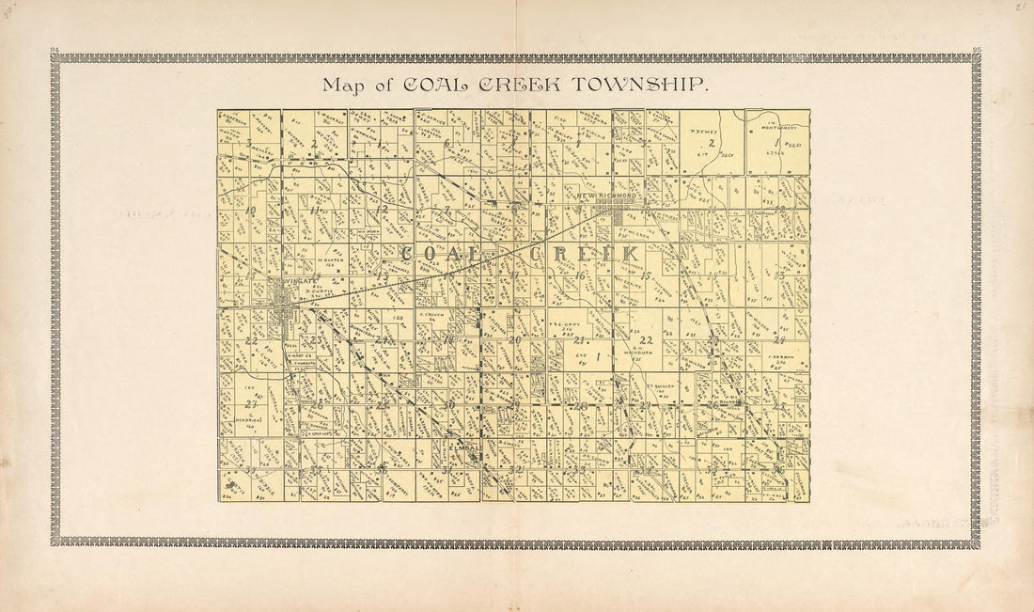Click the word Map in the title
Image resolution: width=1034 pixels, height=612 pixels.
click(340, 86)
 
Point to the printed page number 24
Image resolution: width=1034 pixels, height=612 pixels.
click(55, 49)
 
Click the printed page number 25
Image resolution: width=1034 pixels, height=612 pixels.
click(978, 49)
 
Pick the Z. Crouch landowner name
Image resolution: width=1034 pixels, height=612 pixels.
click(431, 315)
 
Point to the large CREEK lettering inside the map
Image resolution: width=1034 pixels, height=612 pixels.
click(584, 254)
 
